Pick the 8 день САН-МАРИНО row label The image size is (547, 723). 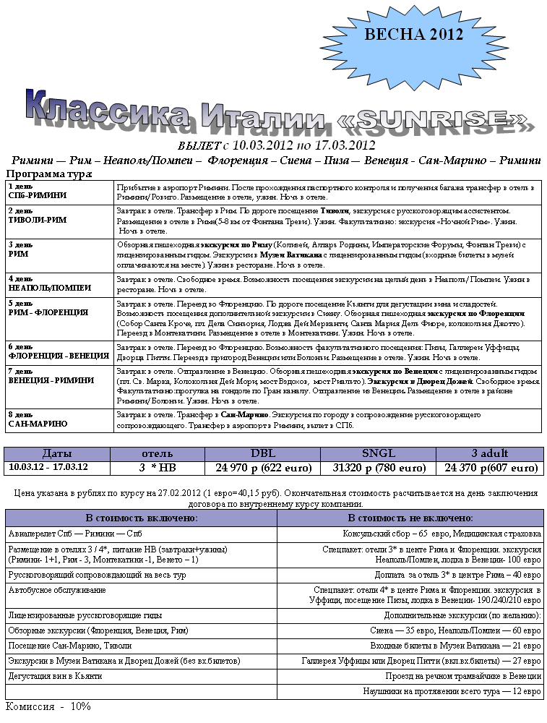[x=38, y=419]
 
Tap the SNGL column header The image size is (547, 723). [x=379, y=453]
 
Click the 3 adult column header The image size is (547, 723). [x=489, y=453]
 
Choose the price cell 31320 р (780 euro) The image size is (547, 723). [x=379, y=468]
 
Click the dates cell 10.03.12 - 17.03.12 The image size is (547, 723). [x=48, y=467]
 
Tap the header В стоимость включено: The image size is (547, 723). [x=142, y=518]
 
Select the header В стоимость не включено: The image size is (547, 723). [x=410, y=518]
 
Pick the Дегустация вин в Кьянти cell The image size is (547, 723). [x=55, y=675]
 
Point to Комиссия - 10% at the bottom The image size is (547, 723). [x=48, y=706]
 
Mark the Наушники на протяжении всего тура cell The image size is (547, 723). [x=452, y=690]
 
